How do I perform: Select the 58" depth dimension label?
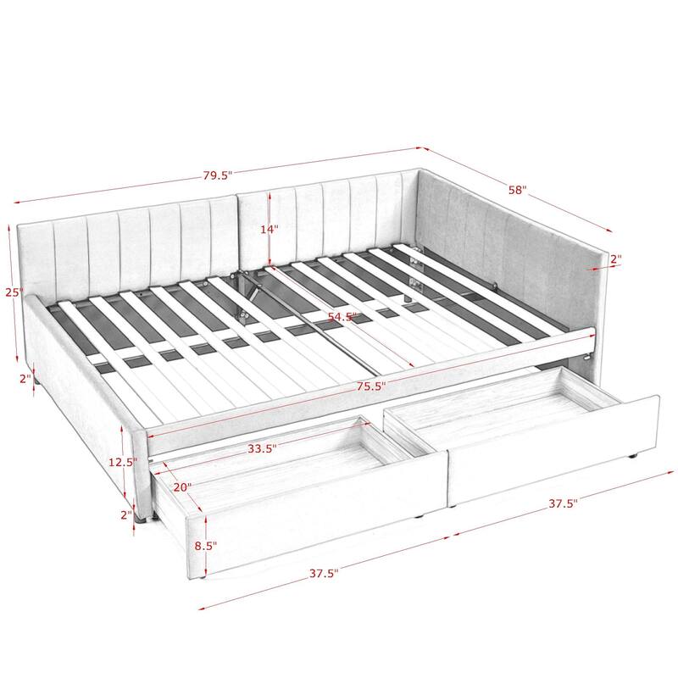pos(518,191)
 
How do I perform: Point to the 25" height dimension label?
pos(11,292)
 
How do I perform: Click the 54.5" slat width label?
pos(342,316)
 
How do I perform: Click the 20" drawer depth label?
pos(182,487)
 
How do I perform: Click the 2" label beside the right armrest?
pos(615,258)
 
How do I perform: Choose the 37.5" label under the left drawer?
pos(323,573)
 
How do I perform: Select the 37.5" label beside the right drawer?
pos(562,503)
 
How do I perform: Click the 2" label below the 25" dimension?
pos(25,379)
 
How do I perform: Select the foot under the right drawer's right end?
pos(633,458)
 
